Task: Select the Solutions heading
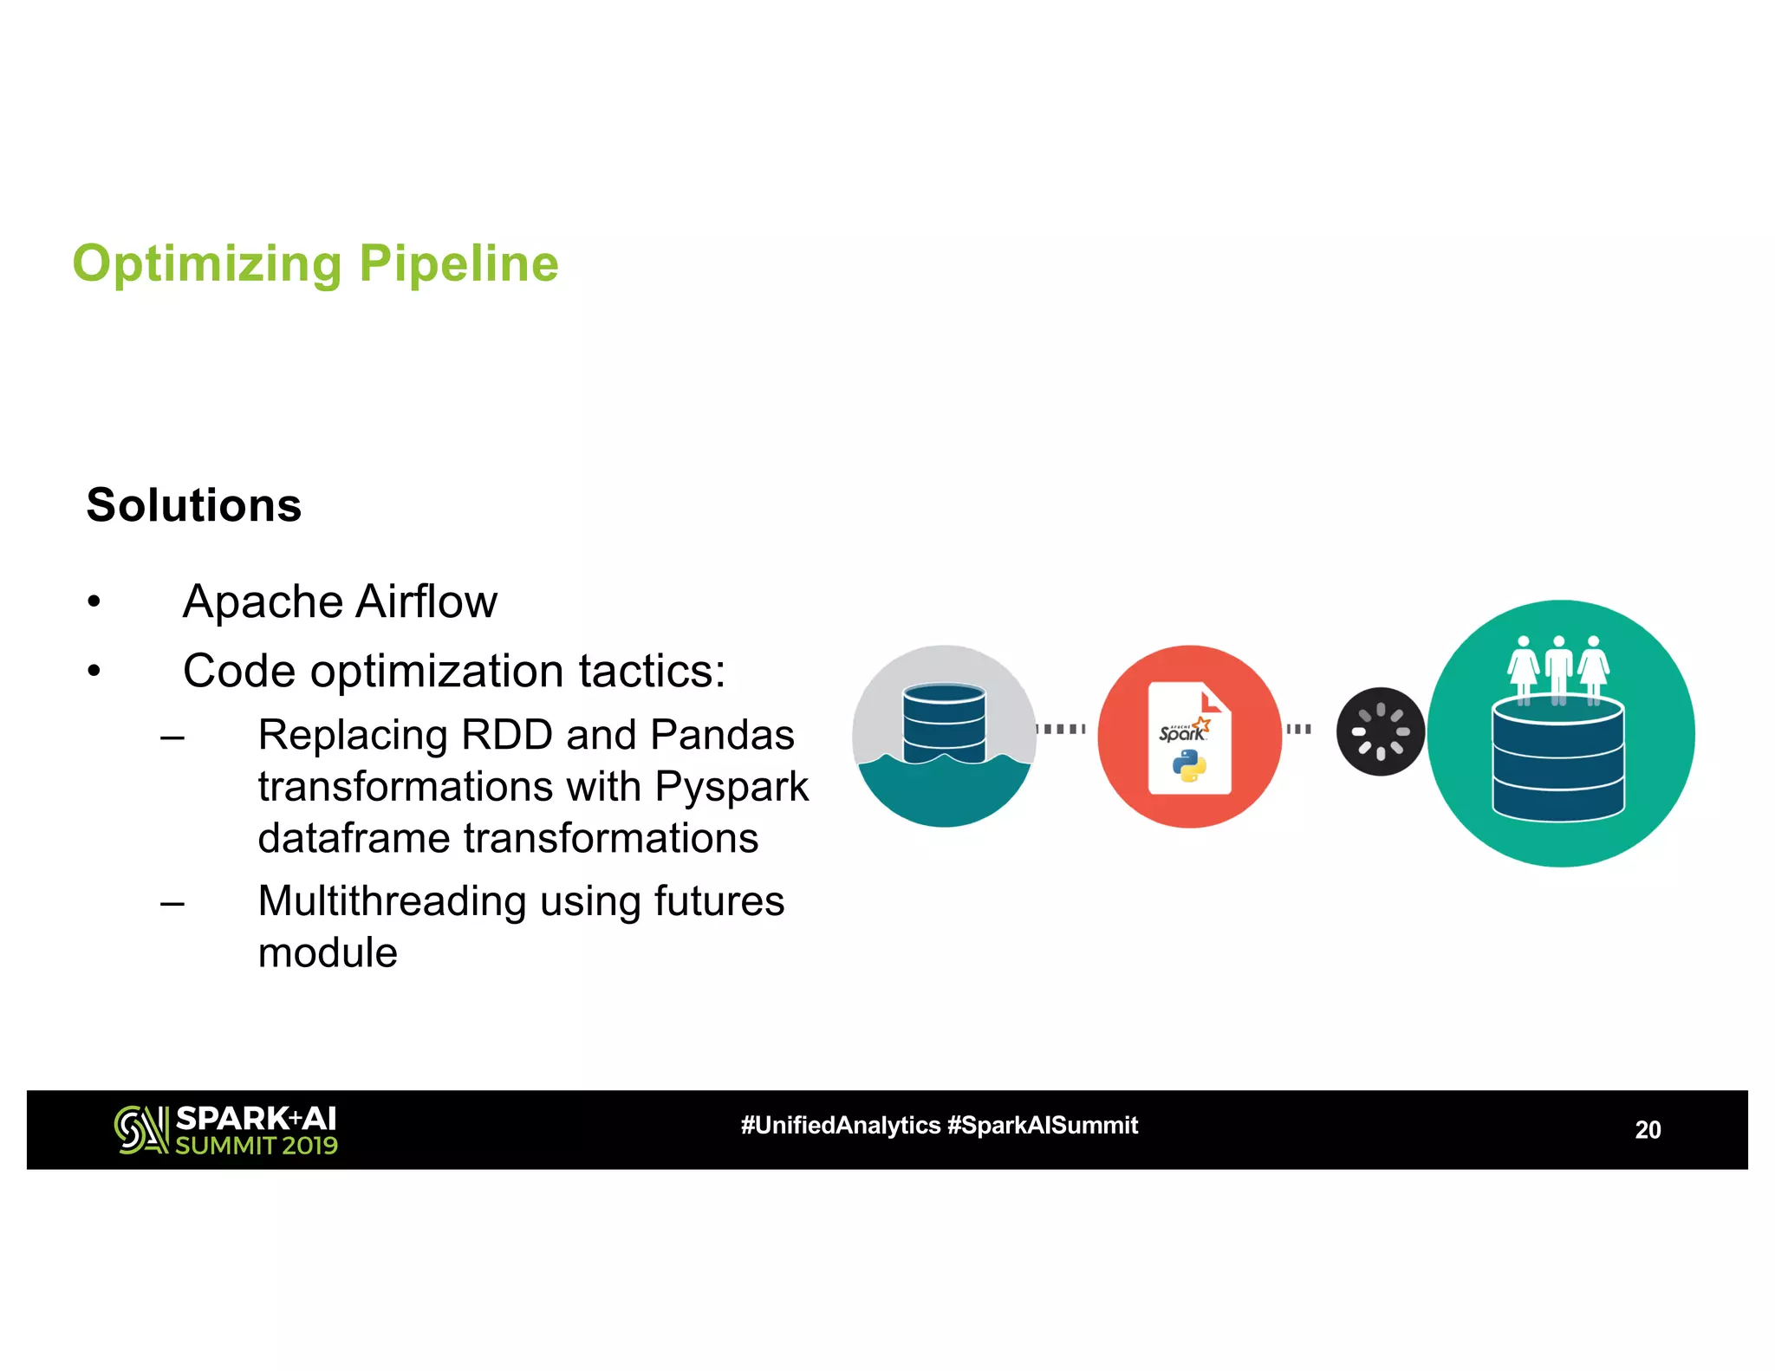coord(194,504)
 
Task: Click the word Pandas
coord(722,735)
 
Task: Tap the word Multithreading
coord(392,901)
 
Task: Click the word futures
coord(718,901)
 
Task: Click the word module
coord(328,953)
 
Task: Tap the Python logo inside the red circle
coord(1189,766)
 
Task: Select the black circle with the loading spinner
coord(1380,731)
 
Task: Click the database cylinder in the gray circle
coord(944,724)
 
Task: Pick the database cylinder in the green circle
coord(1557,760)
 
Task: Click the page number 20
coord(1648,1130)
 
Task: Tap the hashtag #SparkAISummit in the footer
coord(1042,1126)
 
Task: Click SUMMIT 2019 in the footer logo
coord(257,1146)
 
